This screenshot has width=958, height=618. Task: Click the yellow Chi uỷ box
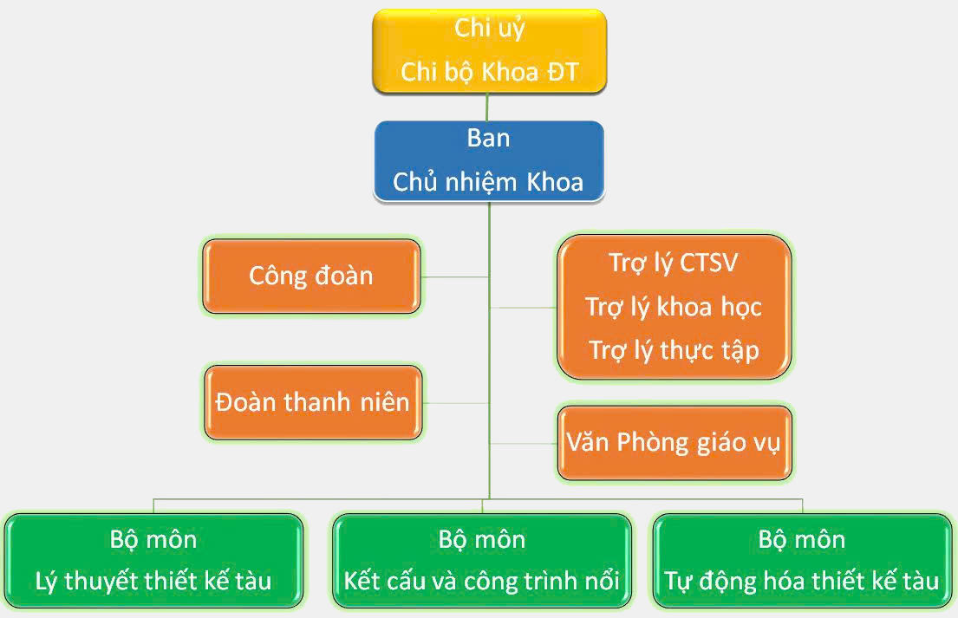pyautogui.click(x=489, y=51)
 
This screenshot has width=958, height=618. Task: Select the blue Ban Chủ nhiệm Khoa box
pyautogui.click(x=489, y=160)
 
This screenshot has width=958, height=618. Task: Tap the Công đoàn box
pyautogui.click(x=311, y=276)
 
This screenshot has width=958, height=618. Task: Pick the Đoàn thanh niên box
pyautogui.click(x=313, y=402)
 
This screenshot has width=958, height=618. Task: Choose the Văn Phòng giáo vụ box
pyautogui.click(x=675, y=443)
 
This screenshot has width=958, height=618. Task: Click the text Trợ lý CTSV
pyautogui.click(x=674, y=263)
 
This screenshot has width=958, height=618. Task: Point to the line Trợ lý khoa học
pyautogui.click(x=674, y=307)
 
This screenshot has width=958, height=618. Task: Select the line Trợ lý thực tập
pyautogui.click(x=674, y=351)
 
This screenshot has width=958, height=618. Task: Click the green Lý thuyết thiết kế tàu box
pyautogui.click(x=153, y=561)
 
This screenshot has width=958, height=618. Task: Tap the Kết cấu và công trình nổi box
pyautogui.click(x=482, y=561)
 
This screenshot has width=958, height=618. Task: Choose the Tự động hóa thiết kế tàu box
pyautogui.click(x=802, y=561)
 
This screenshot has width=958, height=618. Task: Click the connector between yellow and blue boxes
pyautogui.click(x=487, y=107)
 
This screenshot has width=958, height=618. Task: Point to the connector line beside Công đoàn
pyautogui.click(x=454, y=277)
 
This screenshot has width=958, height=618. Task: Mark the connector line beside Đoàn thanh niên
pyautogui.click(x=456, y=403)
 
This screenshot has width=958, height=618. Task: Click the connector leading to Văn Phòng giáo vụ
pyautogui.click(x=524, y=444)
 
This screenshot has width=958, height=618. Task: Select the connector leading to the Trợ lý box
pyautogui.click(x=524, y=308)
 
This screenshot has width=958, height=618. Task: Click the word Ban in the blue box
pyautogui.click(x=488, y=139)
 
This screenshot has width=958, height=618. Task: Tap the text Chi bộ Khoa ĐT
pyautogui.click(x=489, y=73)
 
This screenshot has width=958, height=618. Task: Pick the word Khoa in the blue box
pyautogui.click(x=555, y=183)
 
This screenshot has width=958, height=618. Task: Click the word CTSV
pyautogui.click(x=708, y=263)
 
